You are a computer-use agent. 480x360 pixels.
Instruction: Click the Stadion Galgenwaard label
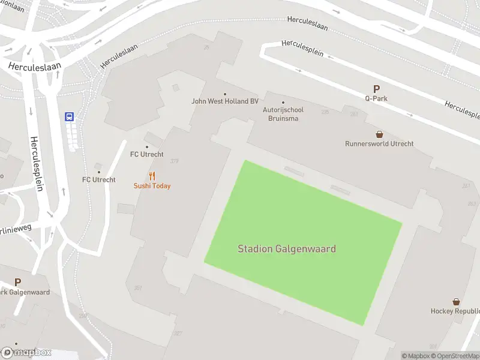point(287,248)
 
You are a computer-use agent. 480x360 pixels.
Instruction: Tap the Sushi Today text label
point(152,186)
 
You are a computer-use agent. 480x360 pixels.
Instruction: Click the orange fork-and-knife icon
point(152,176)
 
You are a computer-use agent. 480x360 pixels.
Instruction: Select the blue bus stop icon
point(70,117)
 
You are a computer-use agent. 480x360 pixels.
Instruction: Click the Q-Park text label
point(376,98)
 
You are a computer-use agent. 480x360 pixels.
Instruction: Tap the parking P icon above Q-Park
point(376,88)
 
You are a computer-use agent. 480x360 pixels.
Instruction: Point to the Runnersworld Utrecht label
point(379,144)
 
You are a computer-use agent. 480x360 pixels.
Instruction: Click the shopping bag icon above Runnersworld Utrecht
point(379,134)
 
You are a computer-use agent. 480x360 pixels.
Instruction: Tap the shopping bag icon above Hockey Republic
point(456,302)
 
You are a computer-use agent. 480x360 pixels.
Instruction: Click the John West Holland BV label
point(225,101)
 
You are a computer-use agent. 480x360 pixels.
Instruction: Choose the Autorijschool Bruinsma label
point(283,114)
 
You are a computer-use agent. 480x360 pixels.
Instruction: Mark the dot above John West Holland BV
point(225,94)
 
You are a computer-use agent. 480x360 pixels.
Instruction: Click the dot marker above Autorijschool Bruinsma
point(283,103)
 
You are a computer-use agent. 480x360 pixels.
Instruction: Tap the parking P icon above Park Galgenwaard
point(17,282)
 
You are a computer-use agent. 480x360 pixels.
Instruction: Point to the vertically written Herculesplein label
point(37,163)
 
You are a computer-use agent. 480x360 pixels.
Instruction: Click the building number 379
point(175,161)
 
